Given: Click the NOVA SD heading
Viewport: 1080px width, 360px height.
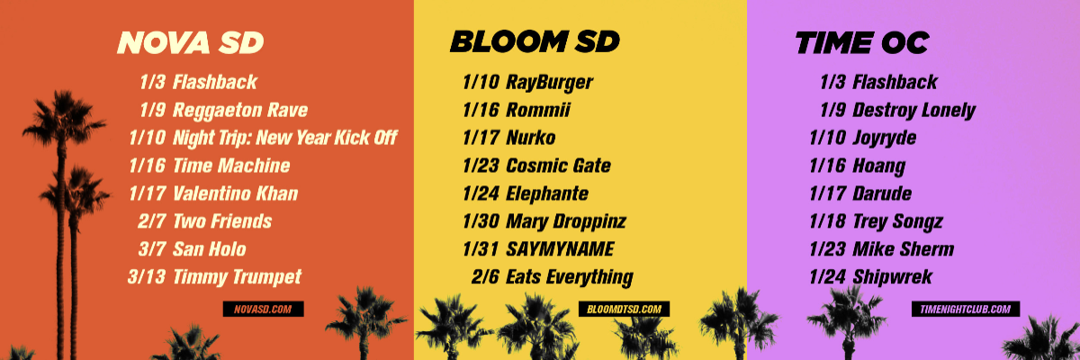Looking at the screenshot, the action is (191, 42).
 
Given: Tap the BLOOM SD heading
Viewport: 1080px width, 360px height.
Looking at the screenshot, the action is (535, 41).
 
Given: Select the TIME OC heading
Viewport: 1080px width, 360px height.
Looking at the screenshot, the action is (862, 42).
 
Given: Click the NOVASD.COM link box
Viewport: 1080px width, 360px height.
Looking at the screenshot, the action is (263, 309).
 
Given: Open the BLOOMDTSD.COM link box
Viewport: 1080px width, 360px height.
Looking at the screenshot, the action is (624, 309).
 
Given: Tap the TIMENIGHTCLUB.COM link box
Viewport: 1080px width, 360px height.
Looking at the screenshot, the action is (965, 309).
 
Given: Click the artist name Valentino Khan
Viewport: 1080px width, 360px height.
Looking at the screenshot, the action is (235, 193).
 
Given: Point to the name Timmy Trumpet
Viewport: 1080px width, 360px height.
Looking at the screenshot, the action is (237, 277).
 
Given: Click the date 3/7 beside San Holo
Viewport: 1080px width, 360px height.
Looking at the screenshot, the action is (152, 249).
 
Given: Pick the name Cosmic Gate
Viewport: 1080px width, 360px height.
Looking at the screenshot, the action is (558, 166).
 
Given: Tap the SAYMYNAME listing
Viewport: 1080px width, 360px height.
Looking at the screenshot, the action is (560, 249).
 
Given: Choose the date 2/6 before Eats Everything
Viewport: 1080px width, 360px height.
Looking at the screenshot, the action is (484, 277).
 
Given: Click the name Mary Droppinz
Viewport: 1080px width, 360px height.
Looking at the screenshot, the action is (565, 221).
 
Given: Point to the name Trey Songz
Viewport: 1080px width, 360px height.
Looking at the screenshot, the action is (897, 221).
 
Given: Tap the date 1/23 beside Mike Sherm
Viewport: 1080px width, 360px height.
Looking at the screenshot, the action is (827, 249).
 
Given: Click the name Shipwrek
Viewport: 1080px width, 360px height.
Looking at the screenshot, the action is (892, 277).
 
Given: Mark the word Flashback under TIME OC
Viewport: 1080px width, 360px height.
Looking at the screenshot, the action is (895, 82).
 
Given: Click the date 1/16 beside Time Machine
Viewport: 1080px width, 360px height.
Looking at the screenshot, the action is (147, 166).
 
